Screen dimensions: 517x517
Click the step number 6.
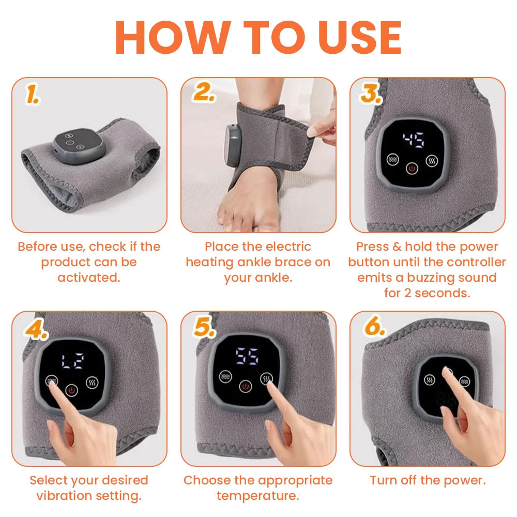(374, 327)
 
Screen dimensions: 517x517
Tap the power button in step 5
(245, 385)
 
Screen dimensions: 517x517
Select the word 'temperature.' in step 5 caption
(257, 496)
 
